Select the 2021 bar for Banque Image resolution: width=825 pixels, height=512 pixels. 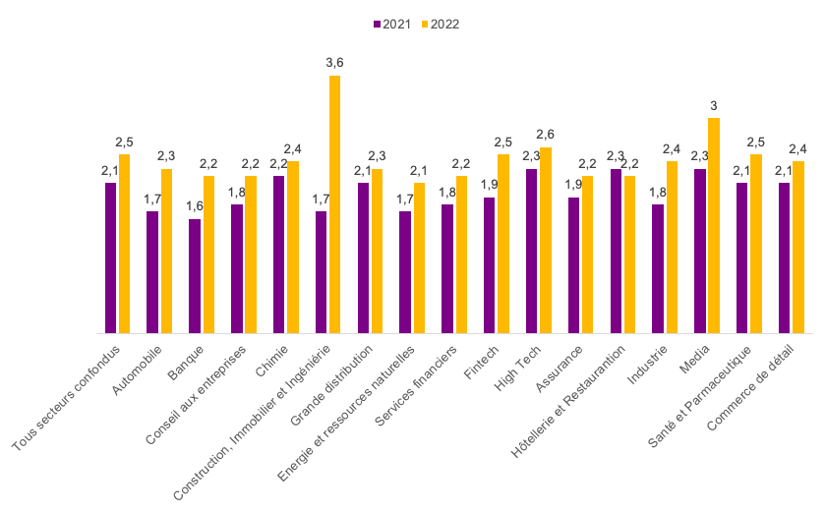(x=195, y=276)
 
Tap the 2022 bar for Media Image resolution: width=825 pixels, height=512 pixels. (x=714, y=226)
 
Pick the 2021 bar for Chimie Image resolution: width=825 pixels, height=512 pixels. (x=279, y=255)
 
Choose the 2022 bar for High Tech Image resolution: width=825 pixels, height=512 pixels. (x=546, y=241)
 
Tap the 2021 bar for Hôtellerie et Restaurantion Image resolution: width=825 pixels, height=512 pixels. (x=616, y=251)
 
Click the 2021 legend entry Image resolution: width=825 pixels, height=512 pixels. (x=392, y=25)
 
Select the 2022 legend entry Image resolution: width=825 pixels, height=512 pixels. (x=439, y=25)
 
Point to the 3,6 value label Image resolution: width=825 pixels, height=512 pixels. (x=334, y=63)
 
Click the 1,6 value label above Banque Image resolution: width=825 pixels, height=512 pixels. (x=195, y=205)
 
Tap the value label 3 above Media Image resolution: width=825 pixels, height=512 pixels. (x=714, y=105)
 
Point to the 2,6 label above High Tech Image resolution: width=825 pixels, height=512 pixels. (x=546, y=135)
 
